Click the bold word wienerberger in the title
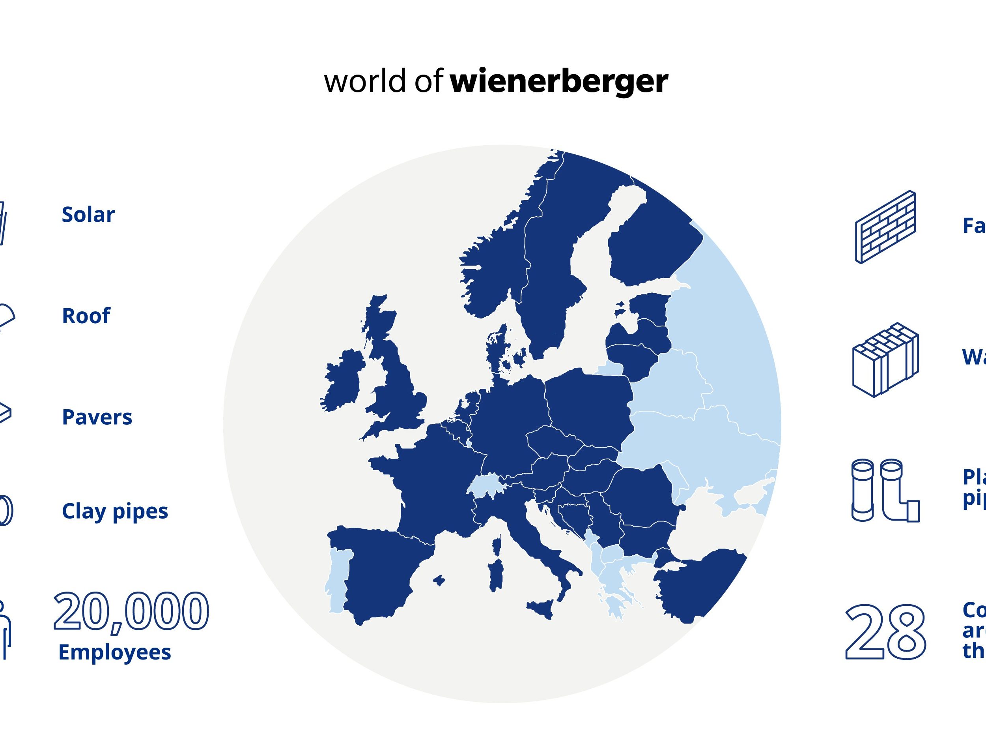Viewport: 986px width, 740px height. pos(559,81)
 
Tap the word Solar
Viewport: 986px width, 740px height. pos(88,215)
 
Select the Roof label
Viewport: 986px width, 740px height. pos(86,316)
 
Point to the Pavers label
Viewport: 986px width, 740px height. pos(97,417)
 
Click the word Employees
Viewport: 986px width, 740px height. pos(114,652)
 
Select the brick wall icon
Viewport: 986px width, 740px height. pos(885,227)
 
